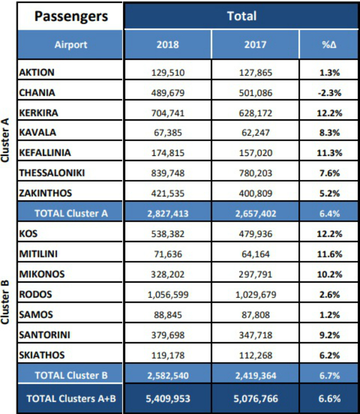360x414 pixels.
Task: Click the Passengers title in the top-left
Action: (x=71, y=17)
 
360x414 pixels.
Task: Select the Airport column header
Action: (x=71, y=45)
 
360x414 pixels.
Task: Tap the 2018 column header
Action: (x=168, y=45)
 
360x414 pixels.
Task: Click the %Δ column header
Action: (x=329, y=45)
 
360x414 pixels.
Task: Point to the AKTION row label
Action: (x=37, y=73)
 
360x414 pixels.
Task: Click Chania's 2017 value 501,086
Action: (x=255, y=93)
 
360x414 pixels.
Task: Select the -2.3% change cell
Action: (x=329, y=93)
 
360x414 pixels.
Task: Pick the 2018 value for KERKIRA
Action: (x=168, y=113)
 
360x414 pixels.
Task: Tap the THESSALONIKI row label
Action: (x=52, y=173)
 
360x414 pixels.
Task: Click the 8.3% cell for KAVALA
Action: (x=329, y=132)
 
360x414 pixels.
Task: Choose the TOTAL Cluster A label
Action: (x=71, y=214)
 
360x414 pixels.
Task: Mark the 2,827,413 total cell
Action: (x=168, y=214)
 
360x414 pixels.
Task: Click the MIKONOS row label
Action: (x=42, y=274)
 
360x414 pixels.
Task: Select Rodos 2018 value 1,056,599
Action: (x=168, y=295)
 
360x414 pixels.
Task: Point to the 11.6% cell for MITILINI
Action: (x=329, y=254)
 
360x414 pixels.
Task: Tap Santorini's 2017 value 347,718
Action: (x=255, y=335)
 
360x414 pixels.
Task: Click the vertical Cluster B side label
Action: (x=5, y=302)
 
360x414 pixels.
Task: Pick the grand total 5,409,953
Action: (x=168, y=399)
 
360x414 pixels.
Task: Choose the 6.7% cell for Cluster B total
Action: (x=329, y=375)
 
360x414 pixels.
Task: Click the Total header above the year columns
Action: (x=242, y=16)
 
